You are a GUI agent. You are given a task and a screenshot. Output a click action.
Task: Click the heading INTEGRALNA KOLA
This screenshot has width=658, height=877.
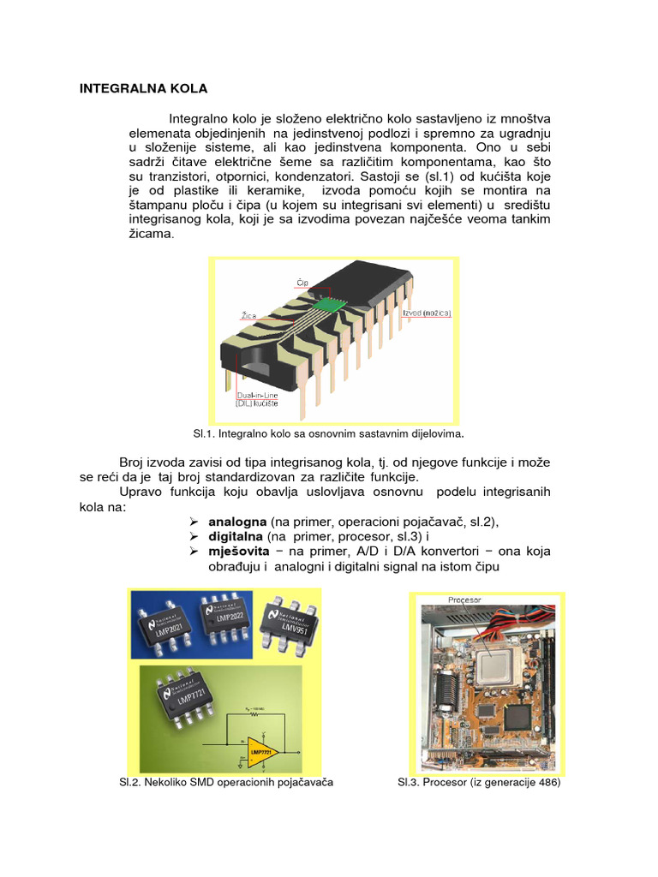click(x=143, y=88)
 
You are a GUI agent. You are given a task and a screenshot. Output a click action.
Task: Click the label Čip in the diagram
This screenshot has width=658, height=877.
click(x=301, y=281)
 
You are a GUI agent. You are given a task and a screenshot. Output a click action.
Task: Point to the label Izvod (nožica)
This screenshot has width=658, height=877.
click(x=426, y=313)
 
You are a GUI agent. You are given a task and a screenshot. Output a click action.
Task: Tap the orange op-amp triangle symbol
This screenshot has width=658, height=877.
click(x=260, y=752)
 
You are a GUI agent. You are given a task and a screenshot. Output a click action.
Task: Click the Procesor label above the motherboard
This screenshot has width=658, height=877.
click(x=465, y=600)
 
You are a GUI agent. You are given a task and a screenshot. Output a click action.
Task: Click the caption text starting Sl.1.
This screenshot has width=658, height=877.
click(x=334, y=433)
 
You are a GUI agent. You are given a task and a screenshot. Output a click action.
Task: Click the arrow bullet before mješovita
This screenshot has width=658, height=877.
click(x=194, y=552)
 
